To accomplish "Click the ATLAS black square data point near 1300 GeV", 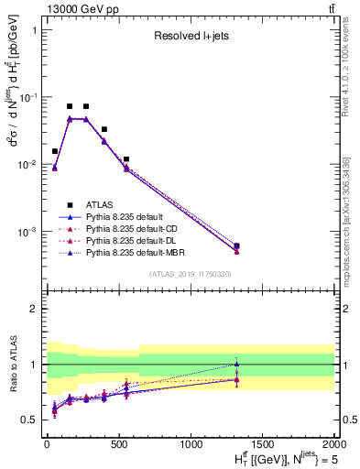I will (236, 245).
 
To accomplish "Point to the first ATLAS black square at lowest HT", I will (55, 151).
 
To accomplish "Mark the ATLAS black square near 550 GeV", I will (125, 159).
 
